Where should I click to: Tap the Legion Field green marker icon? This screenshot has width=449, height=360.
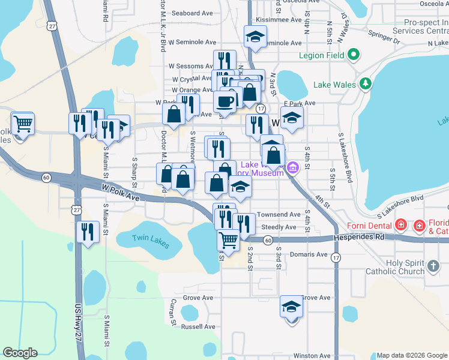coord(354,55)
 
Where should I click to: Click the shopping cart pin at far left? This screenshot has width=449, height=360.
coord(23,124)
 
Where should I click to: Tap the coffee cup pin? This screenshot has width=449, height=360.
coord(226,101)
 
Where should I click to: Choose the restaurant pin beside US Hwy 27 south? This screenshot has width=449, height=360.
coord(88,232)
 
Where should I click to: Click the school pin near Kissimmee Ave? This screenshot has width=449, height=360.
coord(255,37)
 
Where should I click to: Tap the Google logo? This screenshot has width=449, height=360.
coord(20,352)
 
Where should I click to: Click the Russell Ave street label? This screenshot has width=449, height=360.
coord(198,327)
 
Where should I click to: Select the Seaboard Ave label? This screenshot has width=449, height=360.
coord(192,13)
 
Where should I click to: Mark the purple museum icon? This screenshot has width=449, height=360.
coord(292,167)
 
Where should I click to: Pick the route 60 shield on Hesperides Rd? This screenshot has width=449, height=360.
coord(268,240)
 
